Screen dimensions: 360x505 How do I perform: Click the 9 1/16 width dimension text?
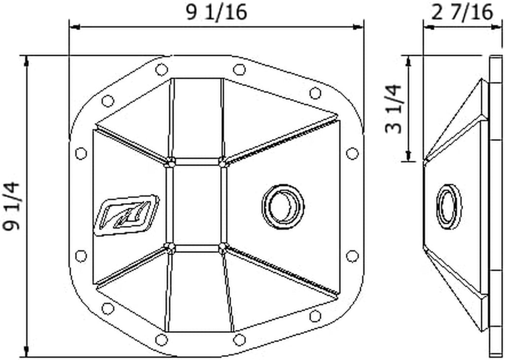216,12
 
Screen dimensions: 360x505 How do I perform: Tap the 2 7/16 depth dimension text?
463,12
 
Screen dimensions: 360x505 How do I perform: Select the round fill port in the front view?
282,207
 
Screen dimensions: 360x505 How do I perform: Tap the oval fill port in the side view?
449,207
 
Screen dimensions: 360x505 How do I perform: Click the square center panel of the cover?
196,206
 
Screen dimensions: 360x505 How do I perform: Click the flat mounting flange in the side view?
495,207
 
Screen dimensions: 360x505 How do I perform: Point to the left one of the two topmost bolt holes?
161,70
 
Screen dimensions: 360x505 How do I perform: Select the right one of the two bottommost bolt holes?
239,339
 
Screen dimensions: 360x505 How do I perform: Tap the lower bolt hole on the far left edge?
81,256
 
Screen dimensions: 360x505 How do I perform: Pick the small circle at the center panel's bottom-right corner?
222,246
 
